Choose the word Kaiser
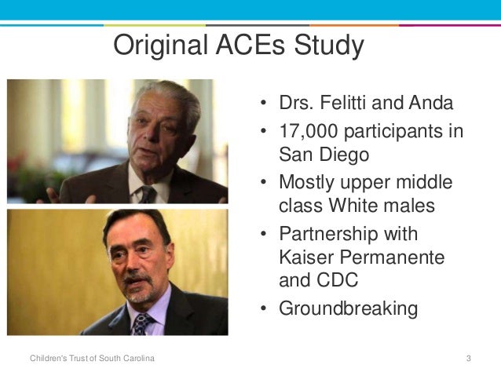click(307, 257)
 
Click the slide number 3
click(468, 359)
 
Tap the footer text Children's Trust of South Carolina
click(92, 359)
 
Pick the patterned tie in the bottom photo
click(142, 323)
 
